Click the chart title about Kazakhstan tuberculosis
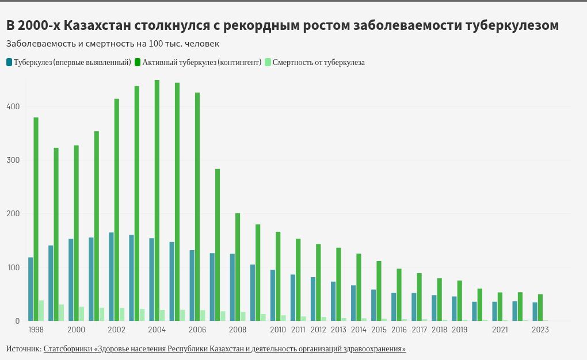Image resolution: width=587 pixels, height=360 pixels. [282, 26]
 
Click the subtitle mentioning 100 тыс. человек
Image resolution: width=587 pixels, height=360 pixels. [112, 44]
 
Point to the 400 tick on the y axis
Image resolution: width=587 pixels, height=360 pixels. [13, 106]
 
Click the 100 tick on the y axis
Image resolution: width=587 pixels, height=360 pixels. [13, 267]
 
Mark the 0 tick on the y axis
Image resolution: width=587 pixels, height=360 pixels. [17, 321]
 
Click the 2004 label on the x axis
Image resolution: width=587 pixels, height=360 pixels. [157, 330]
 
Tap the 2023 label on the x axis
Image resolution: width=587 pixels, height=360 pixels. [540, 330]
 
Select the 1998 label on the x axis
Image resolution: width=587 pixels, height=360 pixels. [36, 330]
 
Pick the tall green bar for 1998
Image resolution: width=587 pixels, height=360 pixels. [36, 219]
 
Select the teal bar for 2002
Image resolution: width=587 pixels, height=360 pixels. [111, 277]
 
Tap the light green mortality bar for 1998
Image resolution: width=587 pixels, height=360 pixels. [41, 311]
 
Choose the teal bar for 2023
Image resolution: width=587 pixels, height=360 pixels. [535, 312]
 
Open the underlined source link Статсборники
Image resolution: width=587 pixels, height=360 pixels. [224, 349]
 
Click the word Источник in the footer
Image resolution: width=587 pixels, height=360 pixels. [23, 349]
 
